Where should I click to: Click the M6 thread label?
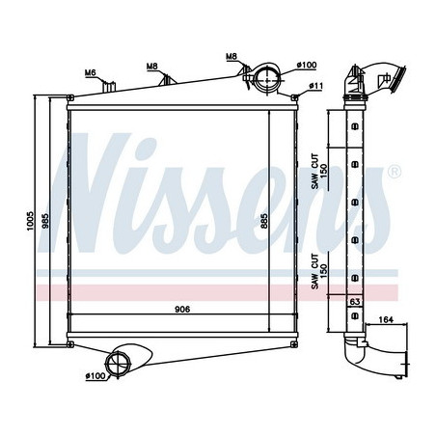(91, 72)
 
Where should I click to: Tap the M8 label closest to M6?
(152, 67)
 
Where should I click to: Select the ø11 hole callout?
(315, 87)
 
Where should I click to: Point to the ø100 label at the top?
(308, 66)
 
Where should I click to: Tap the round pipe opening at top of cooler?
(267, 76)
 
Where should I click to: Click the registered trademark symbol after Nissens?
(394, 175)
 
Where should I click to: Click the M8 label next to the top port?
(232, 58)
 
